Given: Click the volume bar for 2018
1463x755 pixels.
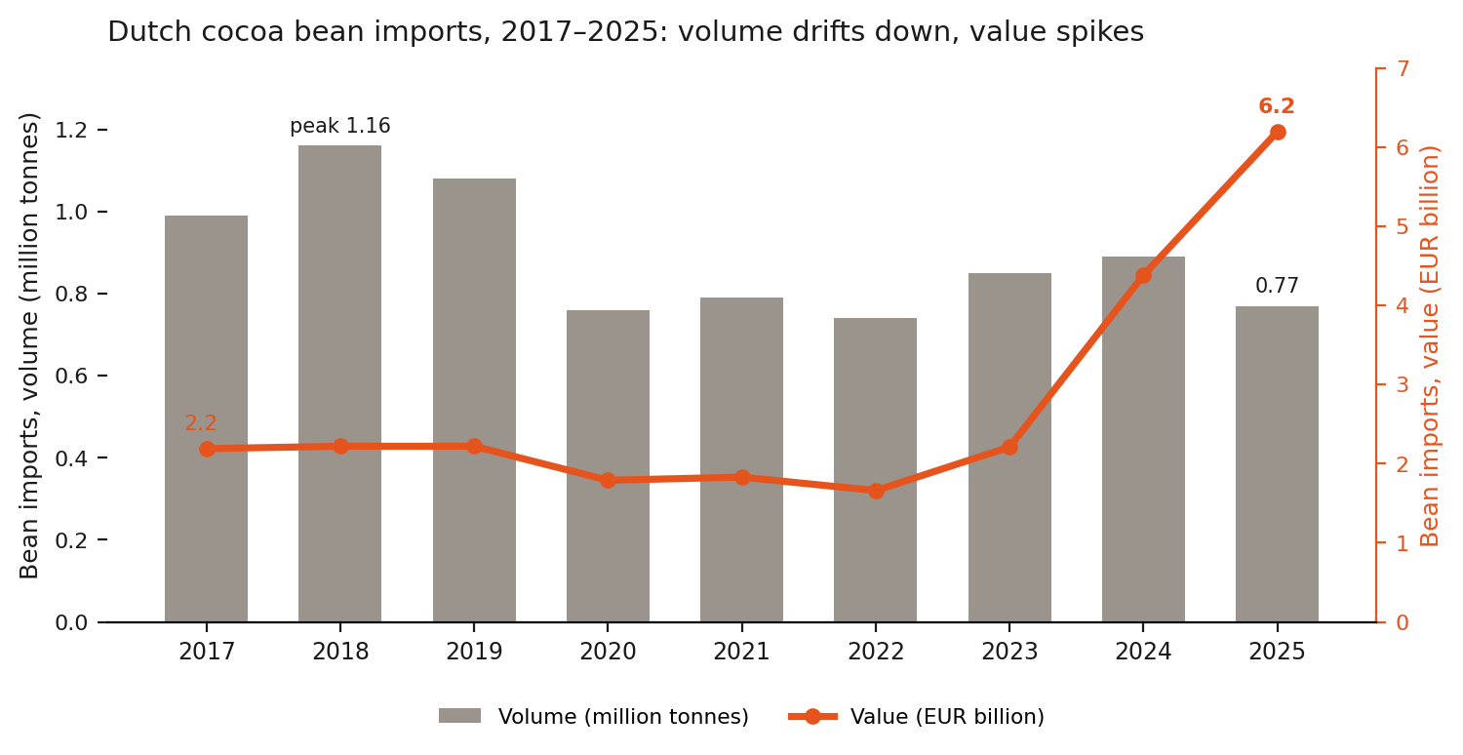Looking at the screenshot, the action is pos(339,383).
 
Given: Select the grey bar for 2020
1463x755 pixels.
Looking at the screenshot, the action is pos(608,465).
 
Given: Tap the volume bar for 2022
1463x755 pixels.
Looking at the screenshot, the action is pos(875,470).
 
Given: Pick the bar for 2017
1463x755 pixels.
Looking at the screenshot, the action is pos(207,418).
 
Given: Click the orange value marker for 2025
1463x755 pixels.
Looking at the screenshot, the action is pos(1278,133).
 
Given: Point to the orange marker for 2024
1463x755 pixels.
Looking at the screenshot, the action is pos(1144,276).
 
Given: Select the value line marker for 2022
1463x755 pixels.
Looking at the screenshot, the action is pos(876,492).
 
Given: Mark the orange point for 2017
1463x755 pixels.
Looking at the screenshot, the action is pos(207,449).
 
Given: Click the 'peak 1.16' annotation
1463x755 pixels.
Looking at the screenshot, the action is pos(340,126).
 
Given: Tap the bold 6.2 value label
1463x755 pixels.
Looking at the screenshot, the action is pos(1276,105).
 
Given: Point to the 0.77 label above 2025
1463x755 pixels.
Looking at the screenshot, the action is pos(1277,286).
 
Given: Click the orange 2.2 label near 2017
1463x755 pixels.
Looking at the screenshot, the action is pos(201,423).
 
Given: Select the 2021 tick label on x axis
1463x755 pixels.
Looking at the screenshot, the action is pos(741,652).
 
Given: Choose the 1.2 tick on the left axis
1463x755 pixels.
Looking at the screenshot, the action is pos(71,131).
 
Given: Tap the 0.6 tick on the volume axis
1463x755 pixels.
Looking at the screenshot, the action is pos(71,377).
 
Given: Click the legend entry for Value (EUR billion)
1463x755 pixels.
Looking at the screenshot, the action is pos(917,716).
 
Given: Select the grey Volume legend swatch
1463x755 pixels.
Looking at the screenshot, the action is pos(459,716).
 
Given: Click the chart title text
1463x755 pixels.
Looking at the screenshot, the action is pos(626,31).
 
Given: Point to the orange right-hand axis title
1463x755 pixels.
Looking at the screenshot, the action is pos(1431,346).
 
